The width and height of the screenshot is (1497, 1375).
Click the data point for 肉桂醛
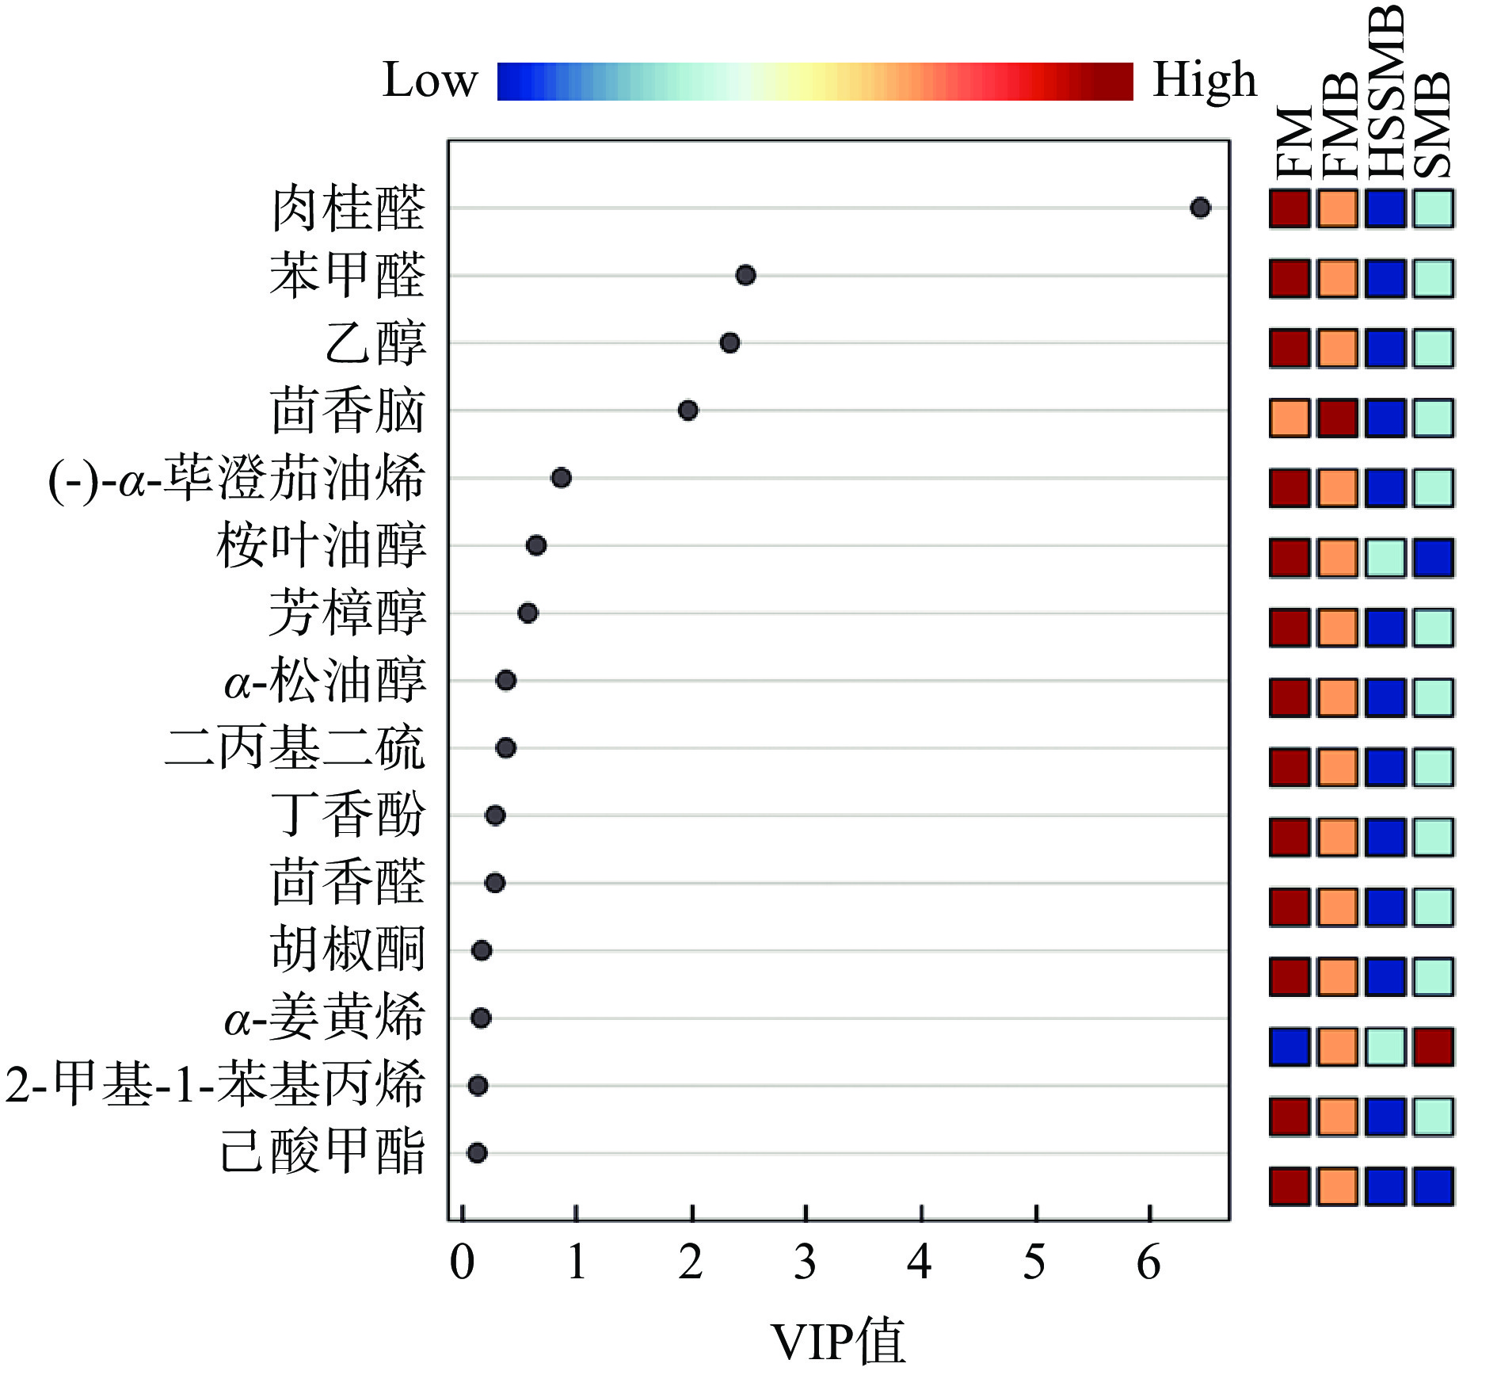1200,208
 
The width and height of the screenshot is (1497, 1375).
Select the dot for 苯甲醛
745,275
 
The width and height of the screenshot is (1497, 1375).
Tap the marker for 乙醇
729,343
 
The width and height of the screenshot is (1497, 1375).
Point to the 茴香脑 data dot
688,411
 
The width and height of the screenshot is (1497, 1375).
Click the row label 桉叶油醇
321,545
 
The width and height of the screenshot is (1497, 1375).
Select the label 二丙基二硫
295,747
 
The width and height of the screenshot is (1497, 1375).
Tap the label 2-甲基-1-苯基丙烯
215,1084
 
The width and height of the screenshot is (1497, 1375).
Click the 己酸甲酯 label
322,1152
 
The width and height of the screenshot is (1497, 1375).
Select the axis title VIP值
837,1341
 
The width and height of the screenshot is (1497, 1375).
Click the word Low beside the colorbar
430,81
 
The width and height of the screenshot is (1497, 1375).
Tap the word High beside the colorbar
1204,81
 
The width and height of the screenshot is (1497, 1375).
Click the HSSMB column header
1386,91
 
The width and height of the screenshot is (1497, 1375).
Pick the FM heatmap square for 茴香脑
1289,418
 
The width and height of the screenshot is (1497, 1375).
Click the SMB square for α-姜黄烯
1434,1047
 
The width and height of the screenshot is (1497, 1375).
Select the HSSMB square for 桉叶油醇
1385,558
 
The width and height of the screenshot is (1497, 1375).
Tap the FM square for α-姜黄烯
1289,1047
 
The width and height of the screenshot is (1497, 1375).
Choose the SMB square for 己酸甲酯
1434,1186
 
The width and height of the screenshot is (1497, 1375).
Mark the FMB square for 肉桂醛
1338,209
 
